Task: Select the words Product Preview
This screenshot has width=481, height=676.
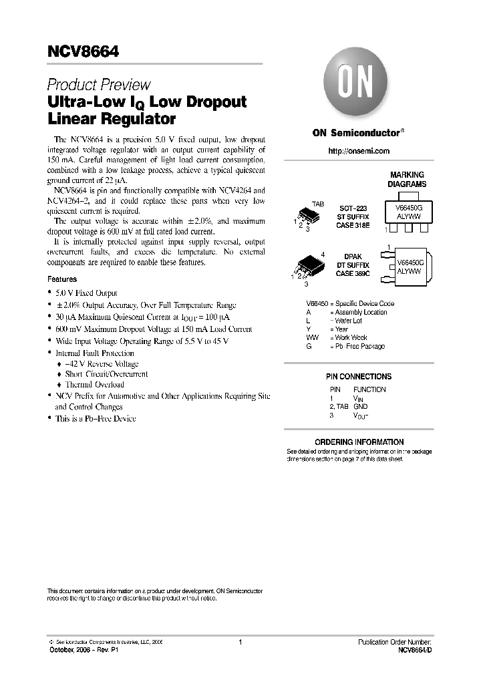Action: [x=99, y=86]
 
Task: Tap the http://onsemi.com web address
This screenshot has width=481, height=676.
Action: [x=359, y=151]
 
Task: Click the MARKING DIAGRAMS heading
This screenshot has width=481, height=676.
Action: [x=408, y=179]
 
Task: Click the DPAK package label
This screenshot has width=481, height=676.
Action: [x=353, y=257]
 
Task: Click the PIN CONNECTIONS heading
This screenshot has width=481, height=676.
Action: [x=359, y=377]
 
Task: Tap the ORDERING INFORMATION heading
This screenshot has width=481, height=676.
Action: [x=359, y=442]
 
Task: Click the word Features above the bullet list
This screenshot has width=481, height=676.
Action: [x=62, y=279]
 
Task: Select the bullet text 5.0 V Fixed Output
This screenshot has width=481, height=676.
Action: [x=87, y=293]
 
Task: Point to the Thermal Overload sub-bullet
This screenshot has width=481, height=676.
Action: [x=94, y=385]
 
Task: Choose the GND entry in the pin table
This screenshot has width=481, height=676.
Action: [x=361, y=406]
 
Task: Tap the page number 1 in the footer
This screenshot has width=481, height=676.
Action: [x=239, y=642]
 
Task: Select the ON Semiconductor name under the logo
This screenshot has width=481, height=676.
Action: [x=356, y=132]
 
